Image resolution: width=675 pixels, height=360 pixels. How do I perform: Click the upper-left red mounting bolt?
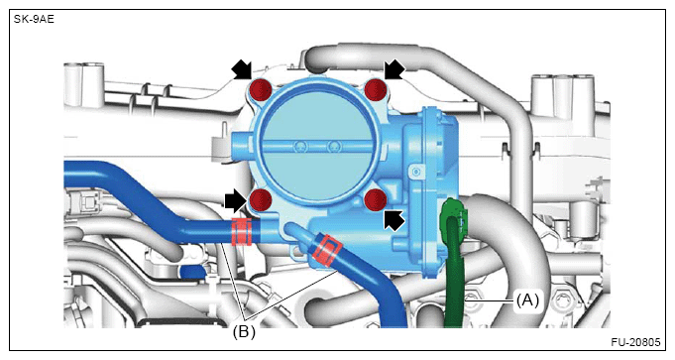(x=262, y=90)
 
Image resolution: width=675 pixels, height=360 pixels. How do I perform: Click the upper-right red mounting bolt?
(x=376, y=90)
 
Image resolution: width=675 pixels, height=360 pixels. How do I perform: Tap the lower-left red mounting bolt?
(x=261, y=199)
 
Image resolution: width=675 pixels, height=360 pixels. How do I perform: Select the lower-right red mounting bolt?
(x=376, y=199)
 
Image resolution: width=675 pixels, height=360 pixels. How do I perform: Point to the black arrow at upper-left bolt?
(x=242, y=69)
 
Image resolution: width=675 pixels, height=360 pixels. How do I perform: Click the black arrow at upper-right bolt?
(x=394, y=69)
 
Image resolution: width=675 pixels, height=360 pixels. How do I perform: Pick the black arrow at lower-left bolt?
(x=236, y=200)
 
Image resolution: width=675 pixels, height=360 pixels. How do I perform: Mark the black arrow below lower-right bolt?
(x=394, y=219)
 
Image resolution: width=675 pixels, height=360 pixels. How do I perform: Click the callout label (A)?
(x=527, y=300)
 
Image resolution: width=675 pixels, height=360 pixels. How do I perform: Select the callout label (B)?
(x=244, y=332)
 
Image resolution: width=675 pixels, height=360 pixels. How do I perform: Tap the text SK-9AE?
(x=34, y=20)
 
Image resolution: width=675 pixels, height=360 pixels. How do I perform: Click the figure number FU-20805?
(x=635, y=342)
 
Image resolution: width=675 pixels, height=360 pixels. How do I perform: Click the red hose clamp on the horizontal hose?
(x=242, y=232)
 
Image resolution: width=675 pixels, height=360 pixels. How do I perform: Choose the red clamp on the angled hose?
(x=327, y=250)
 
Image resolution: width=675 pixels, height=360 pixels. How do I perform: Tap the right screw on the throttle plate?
(x=333, y=147)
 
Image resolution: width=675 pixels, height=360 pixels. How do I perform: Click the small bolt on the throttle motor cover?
(x=416, y=173)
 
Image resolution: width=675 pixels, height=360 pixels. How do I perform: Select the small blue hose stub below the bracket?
(x=192, y=272)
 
